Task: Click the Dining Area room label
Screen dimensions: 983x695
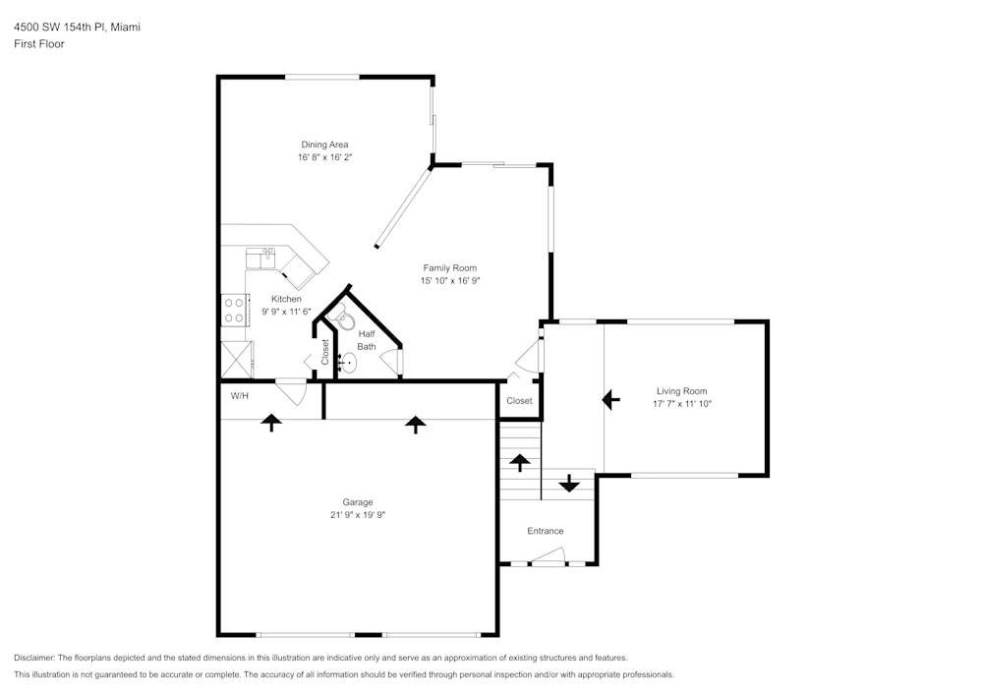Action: point(324,145)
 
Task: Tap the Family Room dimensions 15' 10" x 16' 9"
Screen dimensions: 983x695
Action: point(450,281)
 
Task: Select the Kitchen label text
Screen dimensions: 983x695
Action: point(286,299)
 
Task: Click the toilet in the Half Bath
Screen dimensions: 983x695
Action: point(342,318)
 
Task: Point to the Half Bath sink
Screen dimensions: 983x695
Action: point(347,363)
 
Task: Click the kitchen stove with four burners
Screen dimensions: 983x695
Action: point(235,311)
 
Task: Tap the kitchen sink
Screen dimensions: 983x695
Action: point(260,259)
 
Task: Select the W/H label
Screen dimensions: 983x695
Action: point(240,396)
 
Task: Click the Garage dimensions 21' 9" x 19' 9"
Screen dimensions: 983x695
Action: point(358,515)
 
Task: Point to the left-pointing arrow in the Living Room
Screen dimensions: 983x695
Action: point(610,399)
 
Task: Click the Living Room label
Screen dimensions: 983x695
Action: point(682,391)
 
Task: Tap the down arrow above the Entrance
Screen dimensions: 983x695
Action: point(568,483)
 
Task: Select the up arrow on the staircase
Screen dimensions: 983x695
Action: point(519,463)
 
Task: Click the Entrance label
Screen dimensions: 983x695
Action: point(546,531)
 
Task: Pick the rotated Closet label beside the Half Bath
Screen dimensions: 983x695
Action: point(324,352)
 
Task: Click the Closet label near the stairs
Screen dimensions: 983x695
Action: point(519,400)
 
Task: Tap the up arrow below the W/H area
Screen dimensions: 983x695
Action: point(271,423)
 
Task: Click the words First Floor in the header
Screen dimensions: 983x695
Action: point(39,44)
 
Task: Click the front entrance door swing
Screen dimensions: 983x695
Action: point(549,555)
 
